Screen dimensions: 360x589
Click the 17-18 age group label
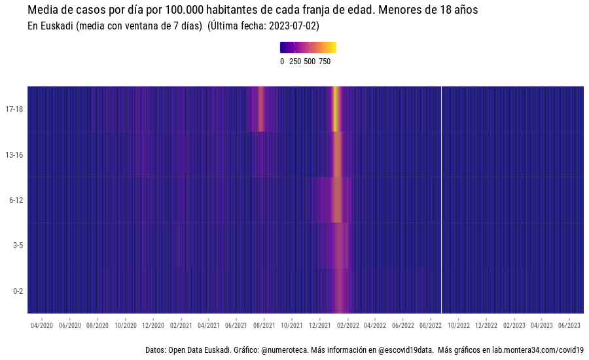pyautogui.click(x=14, y=109)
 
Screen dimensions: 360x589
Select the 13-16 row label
pyautogui.click(x=14, y=155)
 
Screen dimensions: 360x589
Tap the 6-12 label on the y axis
pyautogui.click(x=16, y=200)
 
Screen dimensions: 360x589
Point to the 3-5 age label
pyautogui.click(x=18, y=245)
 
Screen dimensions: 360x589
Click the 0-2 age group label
pyautogui.click(x=18, y=291)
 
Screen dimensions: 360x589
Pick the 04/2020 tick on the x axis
pyautogui.click(x=42, y=325)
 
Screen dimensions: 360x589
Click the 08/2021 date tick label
pyautogui.click(x=264, y=325)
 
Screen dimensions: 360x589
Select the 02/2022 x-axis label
pyautogui.click(x=348, y=325)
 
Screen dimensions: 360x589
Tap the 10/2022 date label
pyautogui.click(x=459, y=325)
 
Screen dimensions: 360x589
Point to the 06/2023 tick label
pyautogui.click(x=569, y=325)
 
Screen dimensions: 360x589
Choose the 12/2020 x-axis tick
pyautogui.click(x=152, y=325)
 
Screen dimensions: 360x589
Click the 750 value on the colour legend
pyautogui.click(x=325, y=62)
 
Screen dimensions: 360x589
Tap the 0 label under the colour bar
pyautogui.click(x=282, y=62)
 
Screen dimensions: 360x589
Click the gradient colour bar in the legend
pyautogui.click(x=308, y=47)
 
